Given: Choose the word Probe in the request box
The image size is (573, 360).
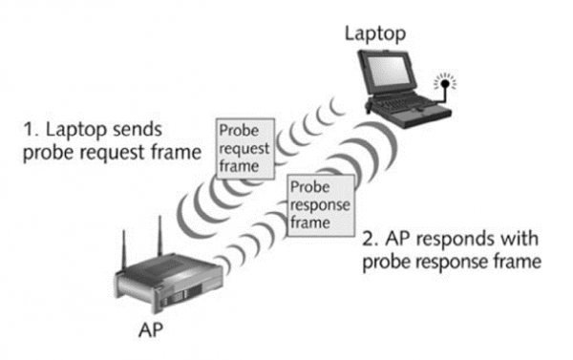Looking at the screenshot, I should [x=239, y=131].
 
